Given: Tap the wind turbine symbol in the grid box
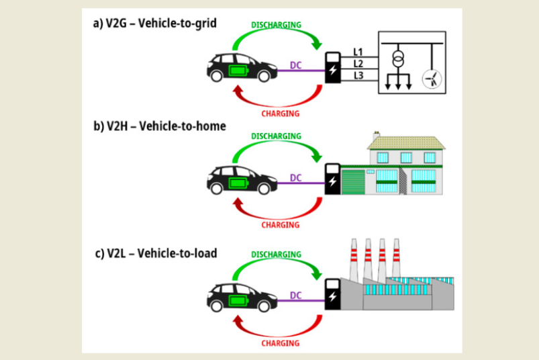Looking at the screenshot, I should click(x=432, y=79).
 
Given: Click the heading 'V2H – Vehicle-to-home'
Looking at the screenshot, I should click(x=160, y=126).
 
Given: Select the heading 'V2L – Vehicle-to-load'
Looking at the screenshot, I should click(x=159, y=253).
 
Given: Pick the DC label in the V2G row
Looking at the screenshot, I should click(x=296, y=65).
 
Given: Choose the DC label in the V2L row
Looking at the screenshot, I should click(x=296, y=294).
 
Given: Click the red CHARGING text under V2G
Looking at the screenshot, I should click(x=280, y=114).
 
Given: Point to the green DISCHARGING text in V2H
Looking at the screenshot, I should click(x=276, y=136).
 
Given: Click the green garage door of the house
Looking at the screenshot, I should click(x=356, y=182).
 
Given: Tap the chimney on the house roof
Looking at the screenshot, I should click(x=377, y=136).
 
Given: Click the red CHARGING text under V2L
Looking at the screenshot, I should click(x=280, y=343).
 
